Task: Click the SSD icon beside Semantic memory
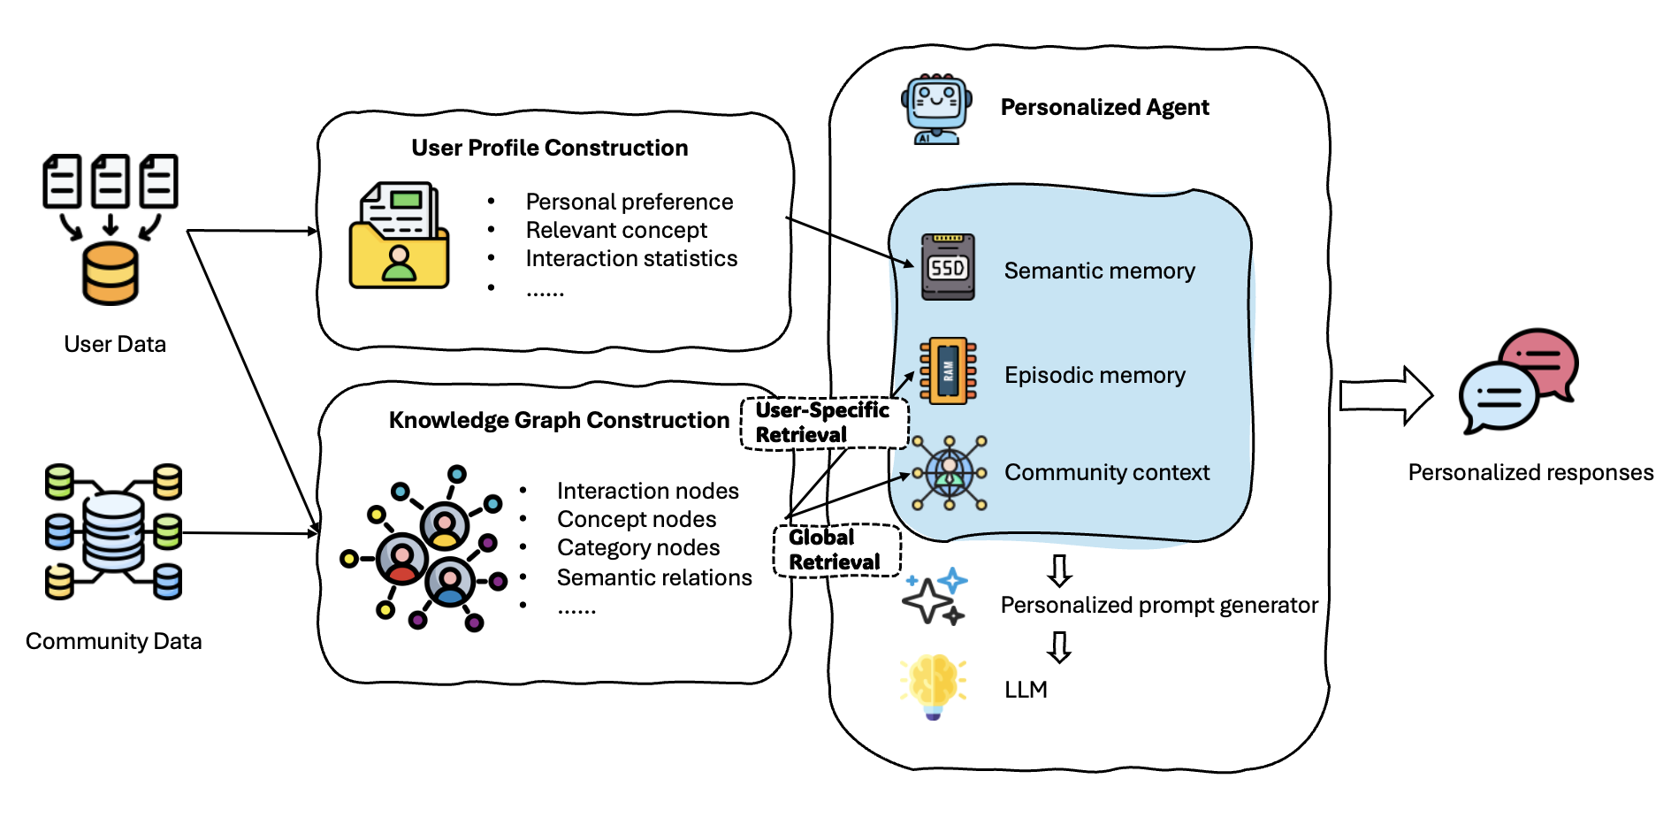coord(948,267)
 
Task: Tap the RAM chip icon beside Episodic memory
coord(948,370)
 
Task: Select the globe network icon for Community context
coord(950,473)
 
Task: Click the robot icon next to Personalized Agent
coord(936,109)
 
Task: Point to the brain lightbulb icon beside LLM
coord(933,686)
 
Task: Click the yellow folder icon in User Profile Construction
coord(399,237)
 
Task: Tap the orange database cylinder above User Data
coord(111,273)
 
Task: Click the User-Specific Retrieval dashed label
coord(822,423)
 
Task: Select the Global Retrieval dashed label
coord(835,550)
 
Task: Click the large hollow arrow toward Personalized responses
coord(1385,395)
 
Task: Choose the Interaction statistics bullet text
coord(631,258)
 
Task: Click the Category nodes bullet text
coord(638,547)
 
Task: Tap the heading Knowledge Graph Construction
coord(559,420)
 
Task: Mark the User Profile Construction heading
coord(549,148)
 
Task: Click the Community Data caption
coord(114,641)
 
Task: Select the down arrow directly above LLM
coord(1059,646)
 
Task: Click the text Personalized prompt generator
coord(1159,605)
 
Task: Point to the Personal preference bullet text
coord(629,202)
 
